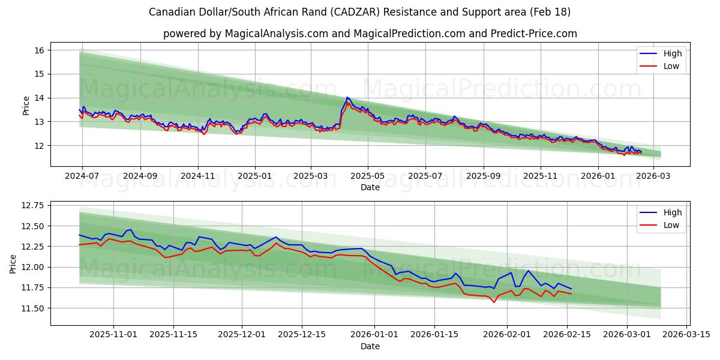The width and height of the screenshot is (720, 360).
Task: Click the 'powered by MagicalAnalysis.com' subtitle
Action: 370,34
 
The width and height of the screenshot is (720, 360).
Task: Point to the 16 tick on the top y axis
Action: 40,50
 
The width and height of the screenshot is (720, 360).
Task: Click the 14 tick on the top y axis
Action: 40,98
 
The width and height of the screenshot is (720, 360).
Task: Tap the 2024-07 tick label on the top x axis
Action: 82,177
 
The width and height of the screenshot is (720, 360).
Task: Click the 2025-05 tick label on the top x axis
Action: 367,177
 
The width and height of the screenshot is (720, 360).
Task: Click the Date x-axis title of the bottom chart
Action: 370,346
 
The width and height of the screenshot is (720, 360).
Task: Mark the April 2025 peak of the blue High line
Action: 347,97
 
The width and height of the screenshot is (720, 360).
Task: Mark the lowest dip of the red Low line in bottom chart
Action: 494,302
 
